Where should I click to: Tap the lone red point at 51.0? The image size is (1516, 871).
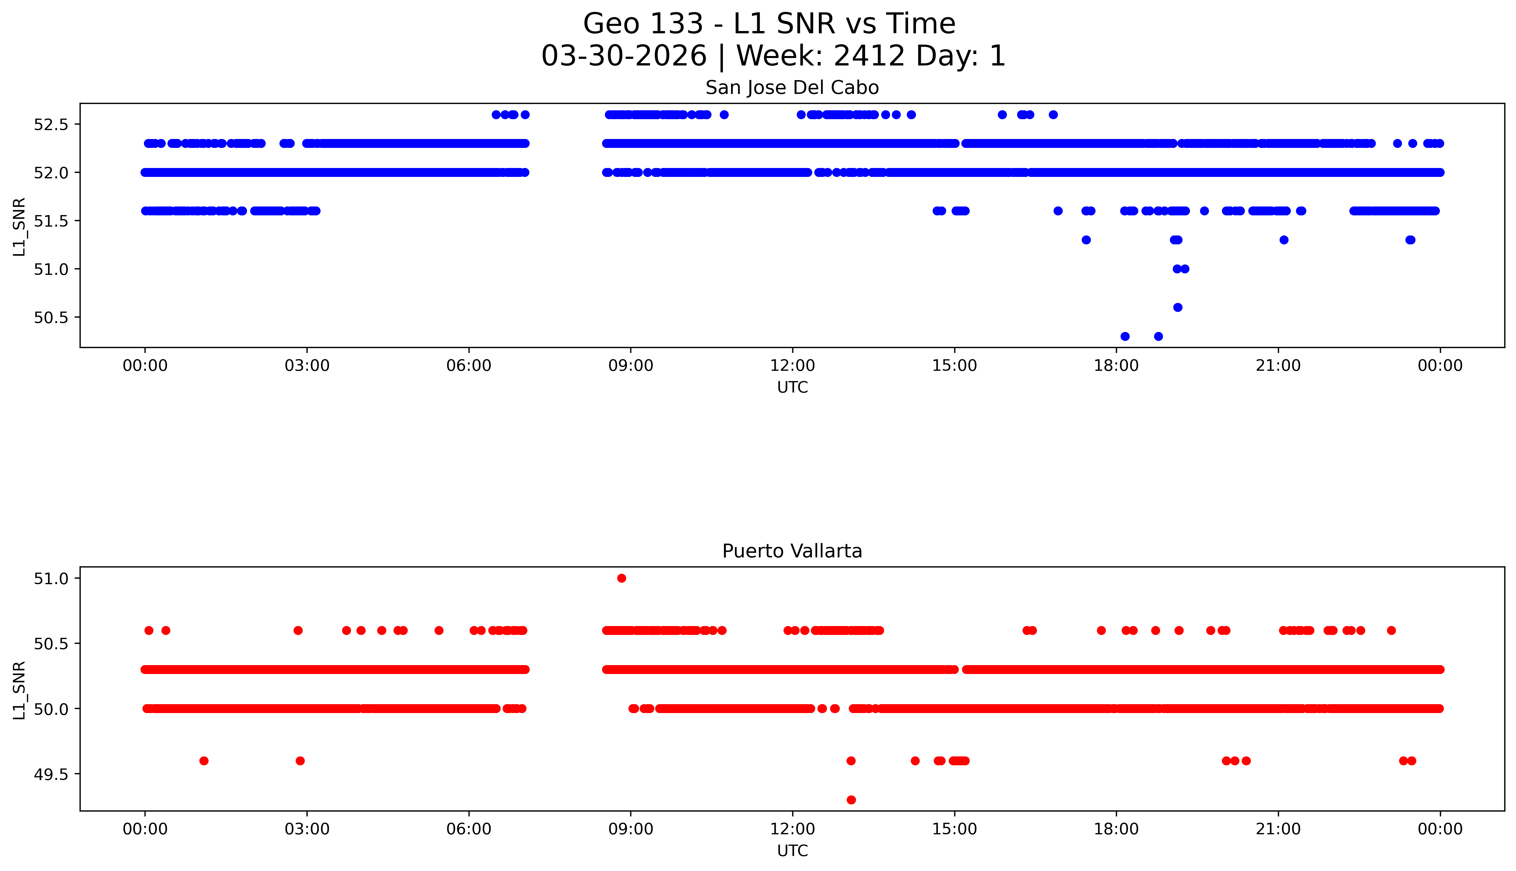[622, 578]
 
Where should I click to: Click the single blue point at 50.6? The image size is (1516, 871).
[1177, 308]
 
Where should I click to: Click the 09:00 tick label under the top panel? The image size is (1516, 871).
[630, 366]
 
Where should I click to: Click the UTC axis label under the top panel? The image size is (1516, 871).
[792, 388]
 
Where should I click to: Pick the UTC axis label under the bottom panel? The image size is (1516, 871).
[792, 851]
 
